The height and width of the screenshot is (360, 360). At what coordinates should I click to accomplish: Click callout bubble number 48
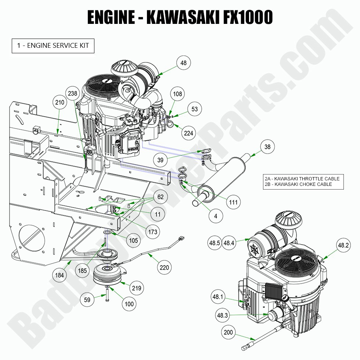[x=183, y=63]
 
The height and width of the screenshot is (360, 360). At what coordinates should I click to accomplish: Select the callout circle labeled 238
[x=73, y=93]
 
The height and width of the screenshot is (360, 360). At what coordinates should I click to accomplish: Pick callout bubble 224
[x=188, y=133]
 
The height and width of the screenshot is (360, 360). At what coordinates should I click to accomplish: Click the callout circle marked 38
[x=267, y=147]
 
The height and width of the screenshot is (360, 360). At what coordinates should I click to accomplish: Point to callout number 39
[x=160, y=160]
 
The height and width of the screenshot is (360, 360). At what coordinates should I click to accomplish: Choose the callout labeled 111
[x=233, y=202]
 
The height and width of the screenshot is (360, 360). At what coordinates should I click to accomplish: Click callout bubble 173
[x=153, y=231]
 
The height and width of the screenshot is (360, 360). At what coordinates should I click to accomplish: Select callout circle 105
[x=134, y=240]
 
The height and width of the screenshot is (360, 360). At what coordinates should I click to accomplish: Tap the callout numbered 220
[x=165, y=267]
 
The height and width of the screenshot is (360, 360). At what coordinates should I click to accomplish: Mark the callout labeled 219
[x=137, y=288]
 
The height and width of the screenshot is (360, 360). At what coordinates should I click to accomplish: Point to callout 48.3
[x=222, y=315]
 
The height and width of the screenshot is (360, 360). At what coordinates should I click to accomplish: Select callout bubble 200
[x=228, y=333]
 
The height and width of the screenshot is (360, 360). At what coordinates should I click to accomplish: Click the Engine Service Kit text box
[x=53, y=46]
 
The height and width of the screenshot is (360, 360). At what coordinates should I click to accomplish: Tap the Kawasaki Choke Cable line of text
[x=298, y=184]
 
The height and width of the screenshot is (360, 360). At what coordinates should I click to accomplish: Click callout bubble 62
[x=160, y=197]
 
